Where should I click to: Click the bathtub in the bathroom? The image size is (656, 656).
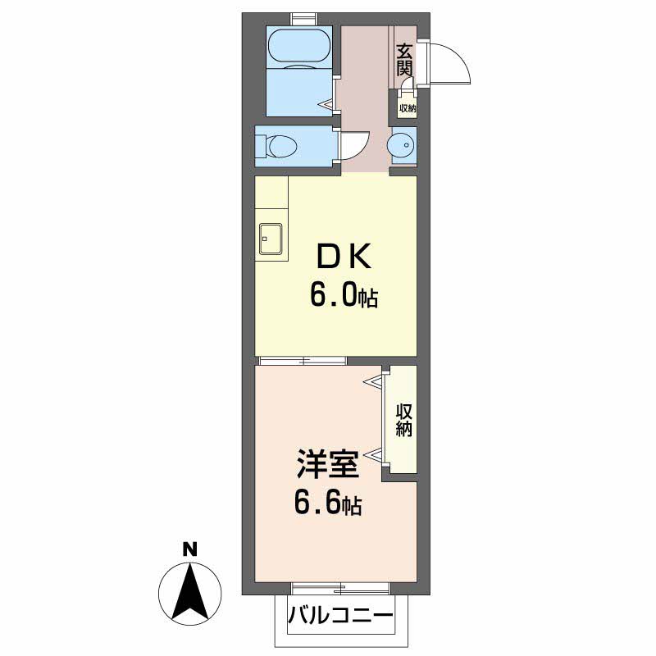[x=299, y=48]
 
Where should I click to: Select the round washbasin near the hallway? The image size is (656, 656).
[x=401, y=146]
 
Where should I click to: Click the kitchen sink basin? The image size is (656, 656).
[x=271, y=239]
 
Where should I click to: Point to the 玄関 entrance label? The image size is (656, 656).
[x=404, y=59]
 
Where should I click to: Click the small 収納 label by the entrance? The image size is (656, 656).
[x=408, y=108]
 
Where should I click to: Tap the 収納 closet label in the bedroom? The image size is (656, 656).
[x=404, y=420]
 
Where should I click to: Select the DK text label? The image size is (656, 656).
[x=344, y=257]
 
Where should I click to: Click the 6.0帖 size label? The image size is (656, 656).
[x=344, y=295]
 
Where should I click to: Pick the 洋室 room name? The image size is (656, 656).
[x=328, y=464]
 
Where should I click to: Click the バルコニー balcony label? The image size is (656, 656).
[x=340, y=615]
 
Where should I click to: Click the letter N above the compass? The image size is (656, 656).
[x=190, y=549]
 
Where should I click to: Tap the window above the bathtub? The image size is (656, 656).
[x=304, y=20]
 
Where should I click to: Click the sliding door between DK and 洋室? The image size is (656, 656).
[x=303, y=361]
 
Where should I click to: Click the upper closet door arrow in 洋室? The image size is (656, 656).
[x=373, y=381]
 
